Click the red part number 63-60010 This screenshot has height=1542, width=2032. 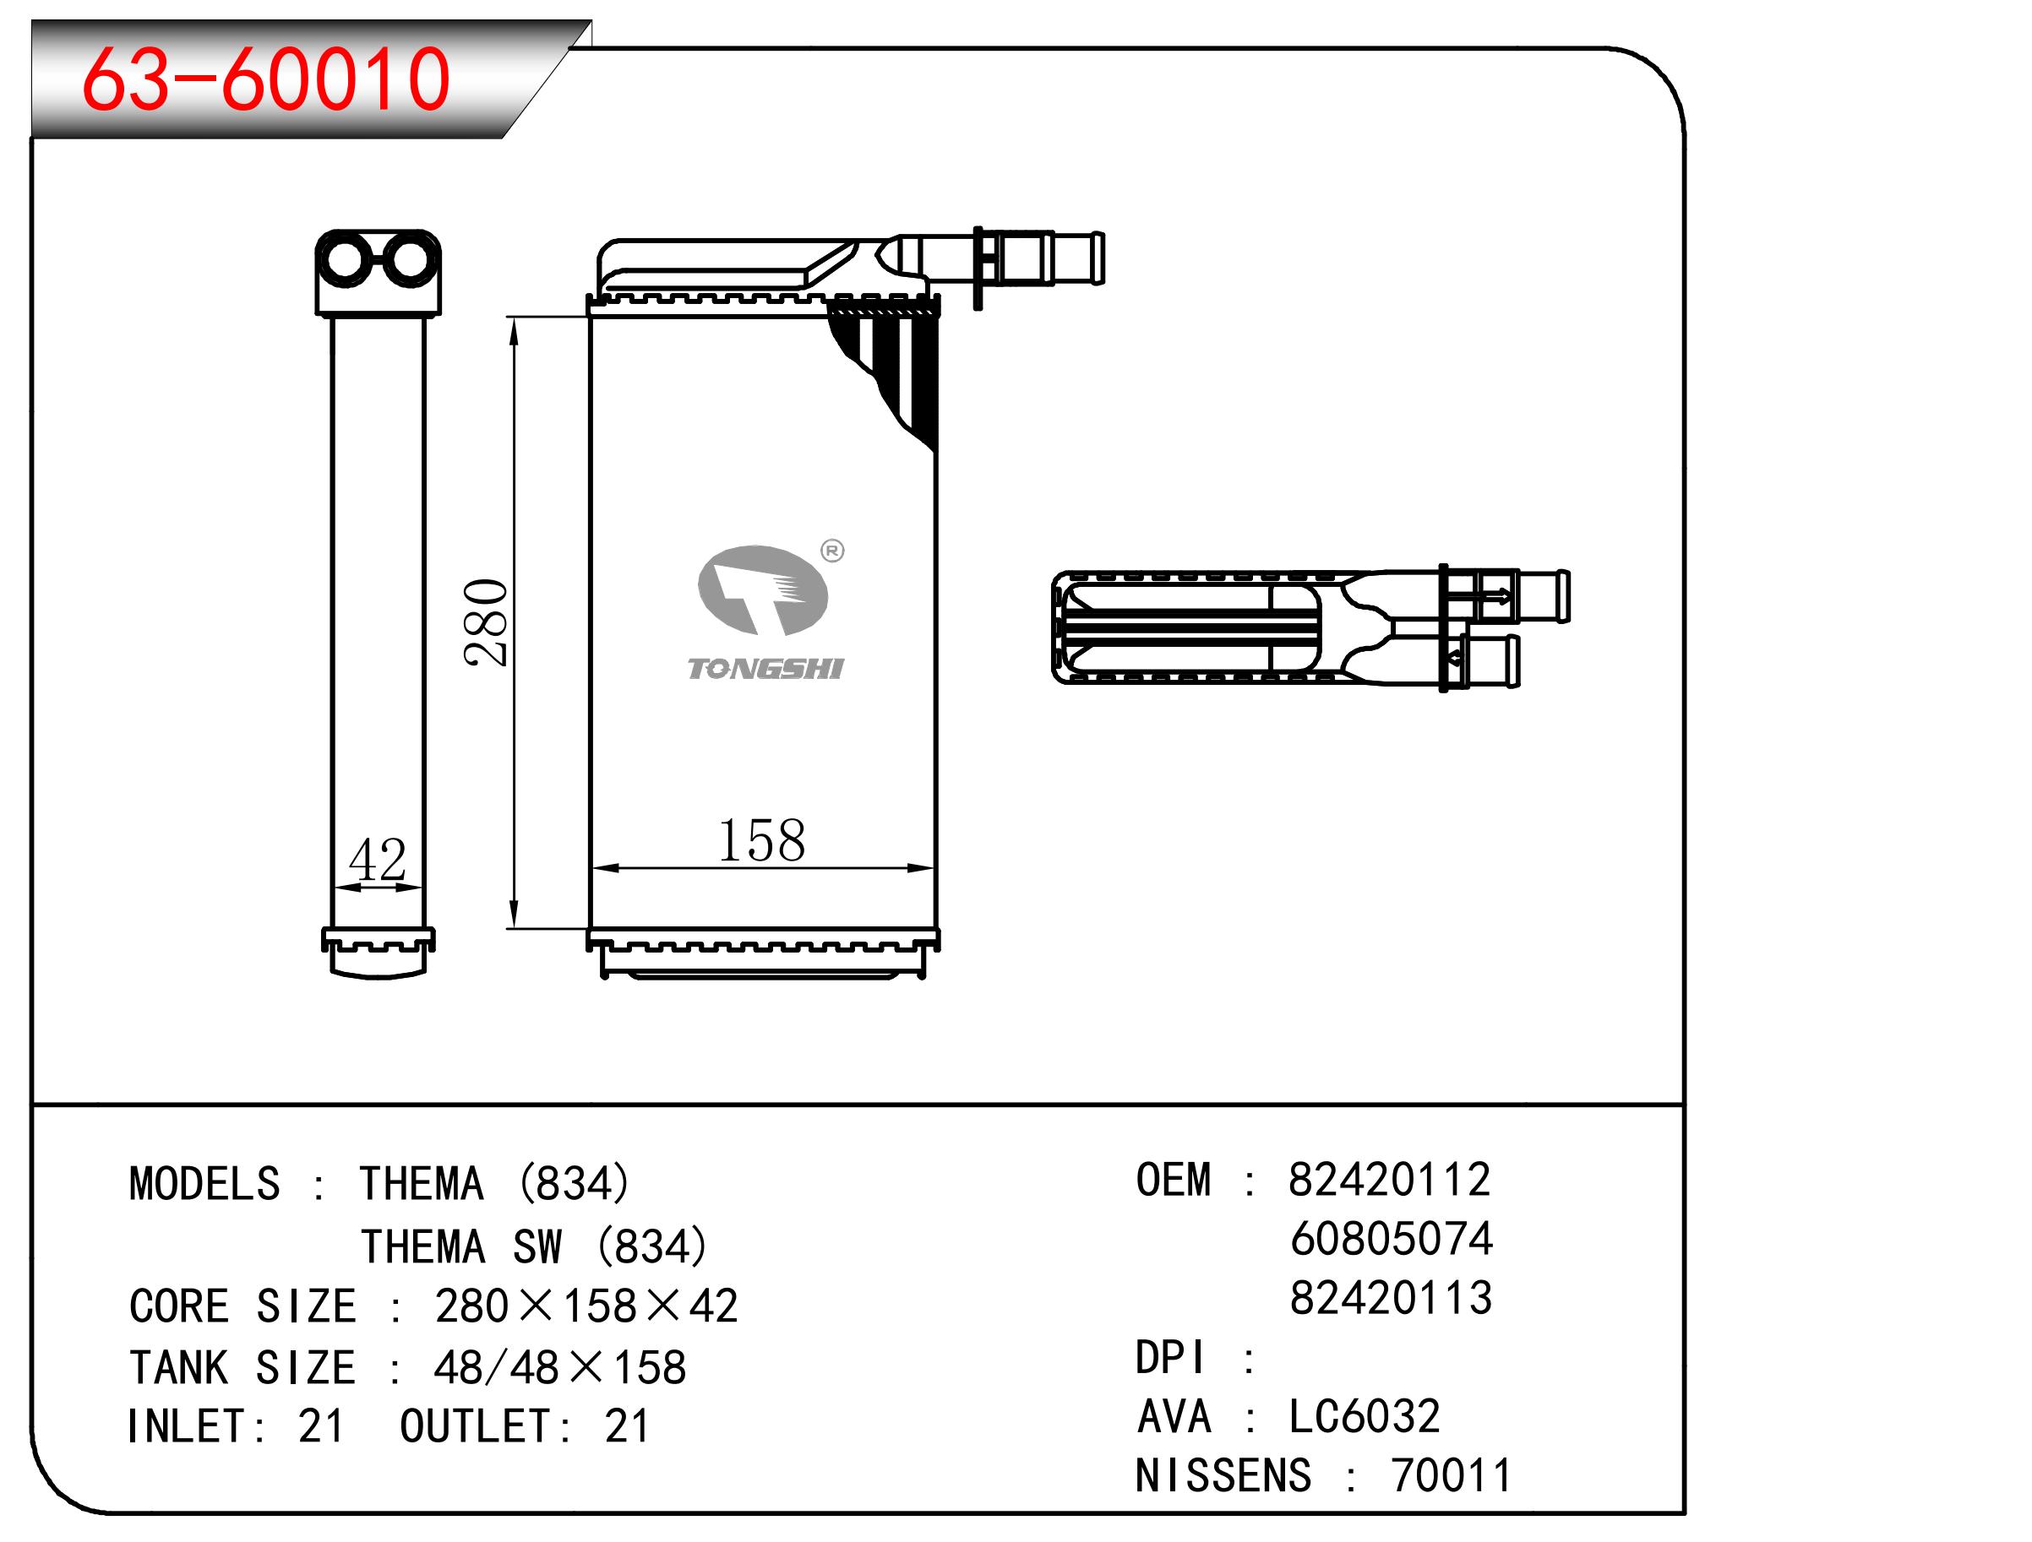[266, 79]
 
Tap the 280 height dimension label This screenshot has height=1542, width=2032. [486, 622]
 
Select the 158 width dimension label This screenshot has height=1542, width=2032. [760, 839]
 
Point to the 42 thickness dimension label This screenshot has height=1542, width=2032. [378, 860]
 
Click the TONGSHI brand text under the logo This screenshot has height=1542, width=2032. [765, 669]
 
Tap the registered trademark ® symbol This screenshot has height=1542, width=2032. [831, 551]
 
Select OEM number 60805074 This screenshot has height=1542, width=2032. [1391, 1239]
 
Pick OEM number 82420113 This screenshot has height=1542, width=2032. [1391, 1298]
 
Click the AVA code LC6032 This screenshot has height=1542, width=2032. [1365, 1416]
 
